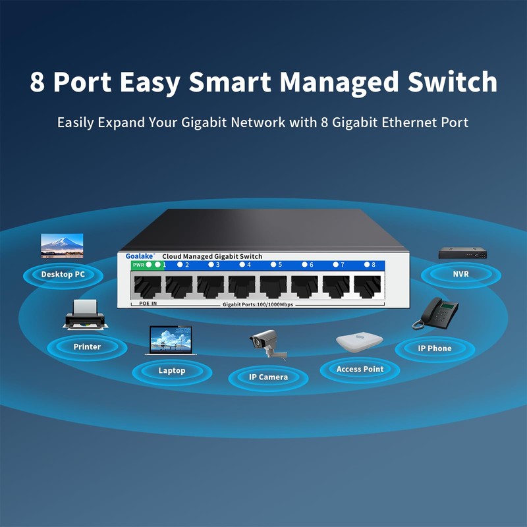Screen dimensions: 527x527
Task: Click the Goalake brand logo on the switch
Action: pos(139,256)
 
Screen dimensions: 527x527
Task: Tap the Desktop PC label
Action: pos(63,274)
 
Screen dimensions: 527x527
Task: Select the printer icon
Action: pos(84,315)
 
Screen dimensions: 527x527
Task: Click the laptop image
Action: pos(171,341)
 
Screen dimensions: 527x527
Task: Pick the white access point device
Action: pos(359,342)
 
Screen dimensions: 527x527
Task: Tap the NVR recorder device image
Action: pos(462,253)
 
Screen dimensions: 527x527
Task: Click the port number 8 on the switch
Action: pos(374,265)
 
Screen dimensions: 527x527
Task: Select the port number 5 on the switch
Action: pos(279,265)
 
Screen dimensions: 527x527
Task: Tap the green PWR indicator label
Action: pos(138,265)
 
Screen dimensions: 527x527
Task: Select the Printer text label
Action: pos(87,347)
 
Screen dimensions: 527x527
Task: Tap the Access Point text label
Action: pos(360,369)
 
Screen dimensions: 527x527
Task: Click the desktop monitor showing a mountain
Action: pos(62,244)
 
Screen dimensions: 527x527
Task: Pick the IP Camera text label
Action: pos(268,377)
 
